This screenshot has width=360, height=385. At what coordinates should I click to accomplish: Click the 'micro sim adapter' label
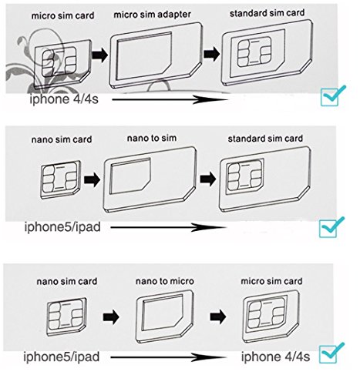click(152, 14)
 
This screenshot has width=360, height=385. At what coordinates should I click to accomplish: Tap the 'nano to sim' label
click(152, 138)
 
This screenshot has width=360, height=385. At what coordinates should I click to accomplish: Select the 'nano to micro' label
click(164, 281)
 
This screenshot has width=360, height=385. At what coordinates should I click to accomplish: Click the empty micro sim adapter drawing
click(156, 55)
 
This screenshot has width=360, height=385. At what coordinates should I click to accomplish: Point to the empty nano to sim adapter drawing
click(150, 179)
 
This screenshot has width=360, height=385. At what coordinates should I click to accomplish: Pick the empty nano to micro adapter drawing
click(164, 317)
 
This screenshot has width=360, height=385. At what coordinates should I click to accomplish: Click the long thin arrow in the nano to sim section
click(168, 227)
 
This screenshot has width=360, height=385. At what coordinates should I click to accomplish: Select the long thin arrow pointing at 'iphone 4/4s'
click(168, 357)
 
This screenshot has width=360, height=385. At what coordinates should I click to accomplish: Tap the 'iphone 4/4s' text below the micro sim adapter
click(64, 99)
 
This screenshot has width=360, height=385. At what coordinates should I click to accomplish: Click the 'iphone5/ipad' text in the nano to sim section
click(62, 227)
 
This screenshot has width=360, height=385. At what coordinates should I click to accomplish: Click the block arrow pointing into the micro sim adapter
click(99, 55)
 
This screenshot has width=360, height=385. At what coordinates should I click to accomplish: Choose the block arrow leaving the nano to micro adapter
click(218, 316)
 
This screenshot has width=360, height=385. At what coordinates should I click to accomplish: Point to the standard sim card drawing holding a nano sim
click(264, 179)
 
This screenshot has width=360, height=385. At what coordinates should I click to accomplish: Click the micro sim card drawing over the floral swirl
click(62, 64)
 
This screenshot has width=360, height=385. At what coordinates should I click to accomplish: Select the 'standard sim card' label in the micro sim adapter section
click(267, 13)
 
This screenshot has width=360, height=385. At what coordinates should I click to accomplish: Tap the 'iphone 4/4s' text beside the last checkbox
click(275, 357)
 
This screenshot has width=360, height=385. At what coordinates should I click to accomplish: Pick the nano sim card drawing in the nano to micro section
click(66, 316)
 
